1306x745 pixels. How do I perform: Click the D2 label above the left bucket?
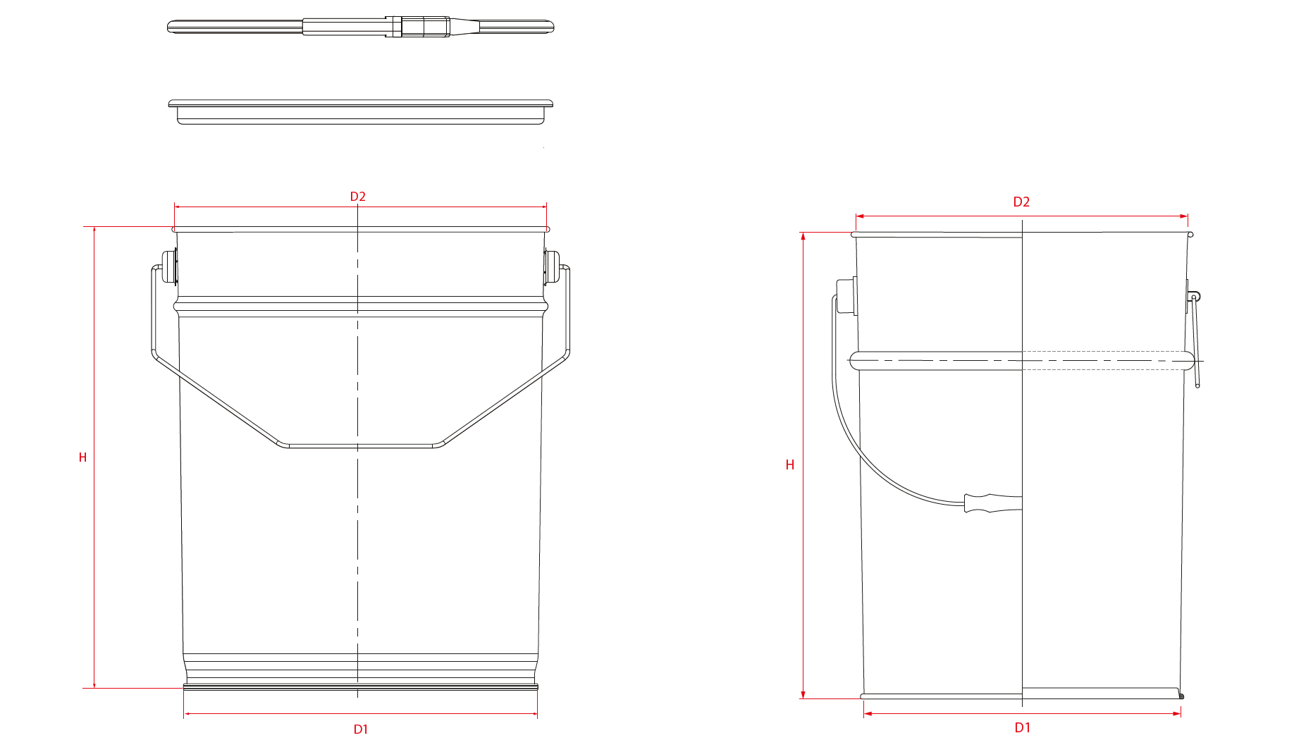click(x=358, y=197)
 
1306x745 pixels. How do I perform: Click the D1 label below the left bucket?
click(x=360, y=729)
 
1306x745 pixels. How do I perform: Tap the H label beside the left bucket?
click(x=82, y=457)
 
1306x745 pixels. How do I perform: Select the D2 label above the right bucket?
click(x=1021, y=202)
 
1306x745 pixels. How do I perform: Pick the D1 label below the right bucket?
click(x=1023, y=728)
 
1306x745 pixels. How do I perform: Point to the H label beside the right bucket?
click(x=790, y=465)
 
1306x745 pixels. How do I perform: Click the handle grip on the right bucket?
click(x=993, y=503)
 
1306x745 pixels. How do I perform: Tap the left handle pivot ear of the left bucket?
click(x=169, y=268)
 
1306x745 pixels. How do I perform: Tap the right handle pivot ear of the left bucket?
click(x=551, y=268)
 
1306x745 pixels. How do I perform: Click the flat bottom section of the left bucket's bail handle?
click(x=360, y=445)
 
